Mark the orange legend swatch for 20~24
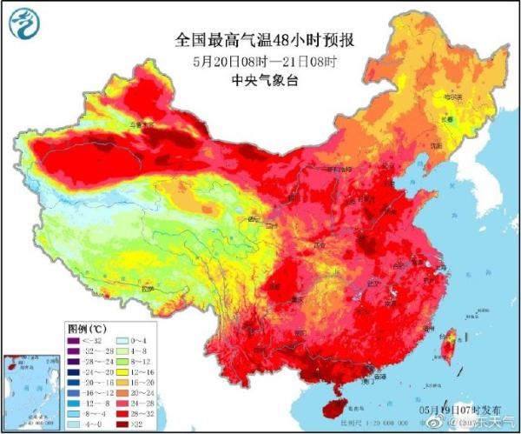coord(127,391)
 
